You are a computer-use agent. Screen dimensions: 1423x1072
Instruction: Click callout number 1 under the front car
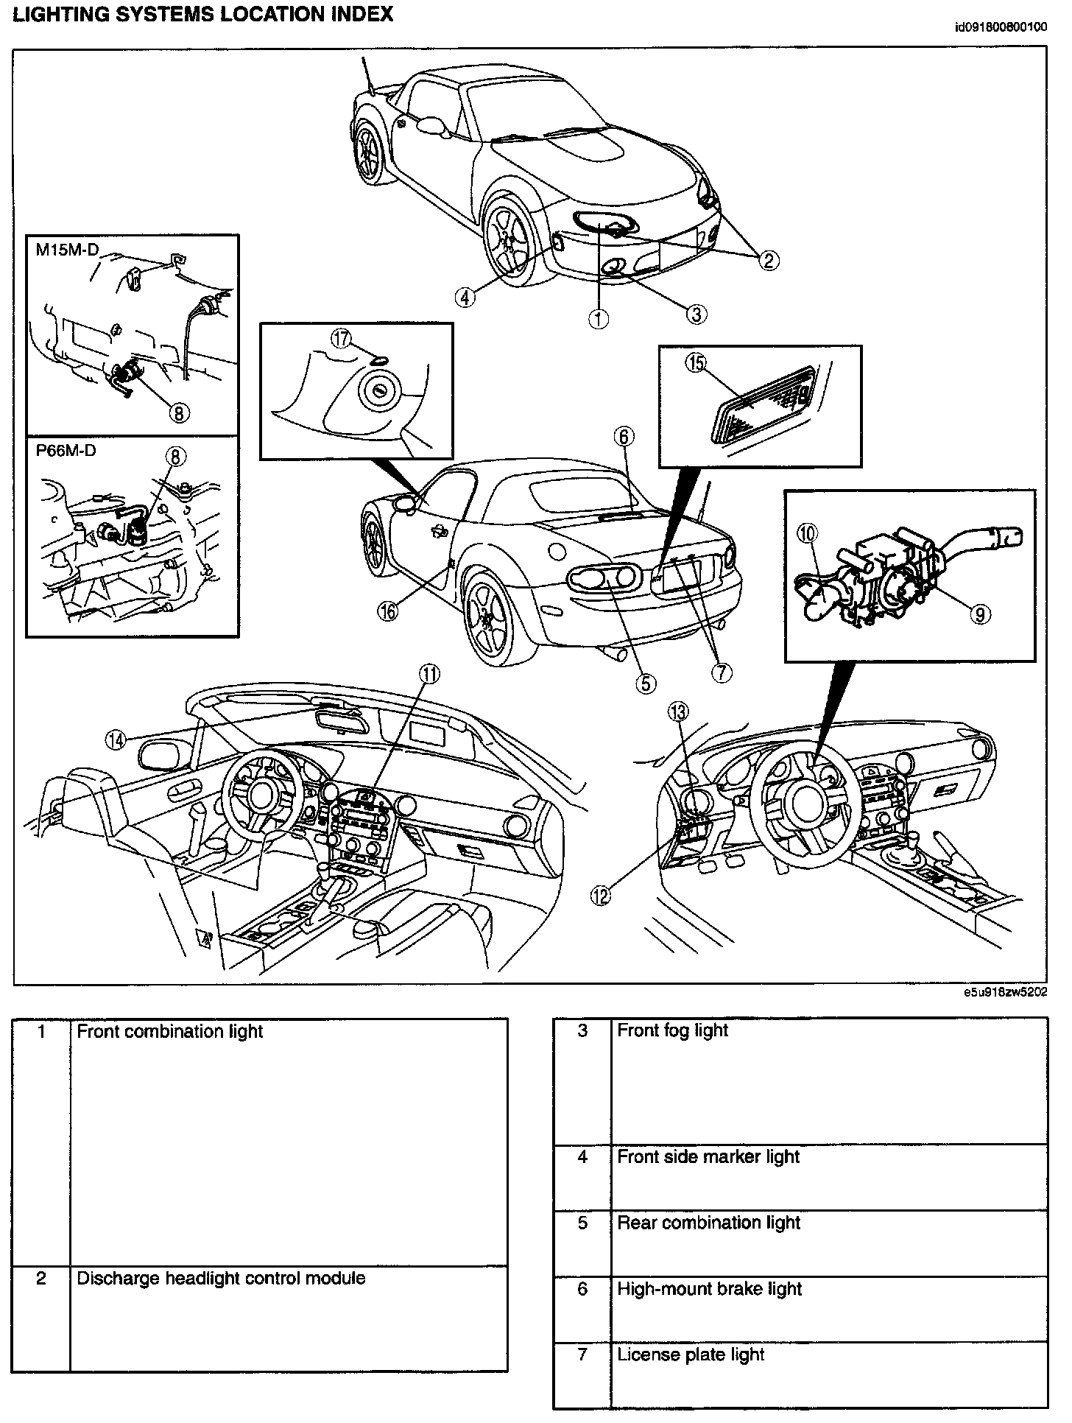coord(599,319)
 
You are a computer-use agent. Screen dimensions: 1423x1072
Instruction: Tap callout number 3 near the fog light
coord(697,315)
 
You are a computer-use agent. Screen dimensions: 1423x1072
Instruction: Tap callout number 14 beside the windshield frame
coord(116,740)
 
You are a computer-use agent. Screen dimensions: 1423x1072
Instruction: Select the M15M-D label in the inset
coord(67,250)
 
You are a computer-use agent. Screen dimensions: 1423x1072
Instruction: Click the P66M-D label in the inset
coord(66,450)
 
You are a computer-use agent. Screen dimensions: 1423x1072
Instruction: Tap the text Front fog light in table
coord(672,1030)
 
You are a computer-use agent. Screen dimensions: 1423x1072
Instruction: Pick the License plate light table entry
coord(691,1355)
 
